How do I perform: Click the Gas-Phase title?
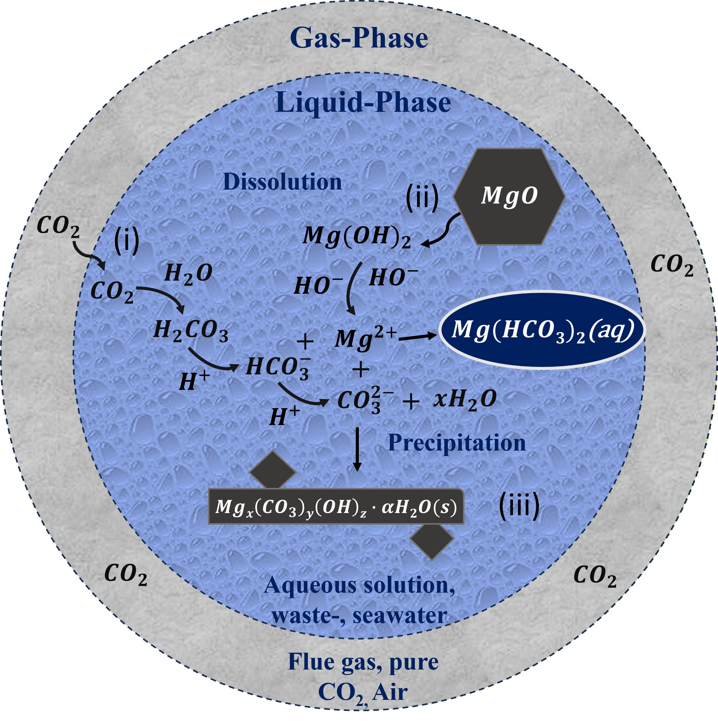[359, 38]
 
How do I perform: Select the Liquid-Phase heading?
[363, 103]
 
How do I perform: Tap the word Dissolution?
[282, 182]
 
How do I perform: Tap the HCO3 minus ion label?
[278, 368]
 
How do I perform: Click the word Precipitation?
[457, 443]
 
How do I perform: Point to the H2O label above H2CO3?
[188, 274]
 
